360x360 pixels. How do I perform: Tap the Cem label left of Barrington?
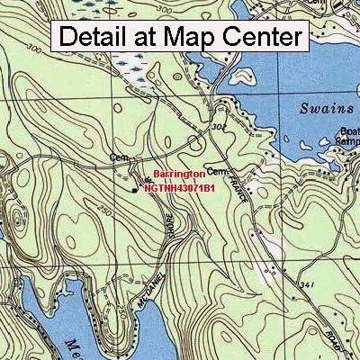point(117,157)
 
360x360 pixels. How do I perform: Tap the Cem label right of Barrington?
point(220,169)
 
